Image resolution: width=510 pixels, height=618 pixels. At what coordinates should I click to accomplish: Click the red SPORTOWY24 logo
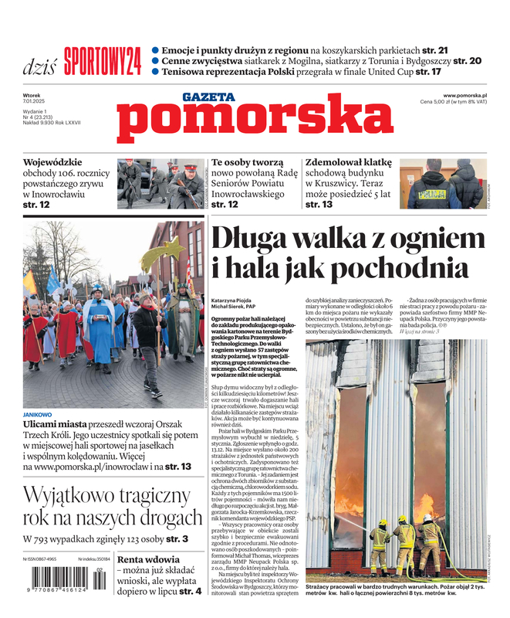click(x=103, y=60)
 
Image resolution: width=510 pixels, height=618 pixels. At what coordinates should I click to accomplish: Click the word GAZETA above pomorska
click(x=209, y=97)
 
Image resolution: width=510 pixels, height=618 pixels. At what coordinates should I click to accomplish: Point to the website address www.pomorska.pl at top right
click(x=470, y=95)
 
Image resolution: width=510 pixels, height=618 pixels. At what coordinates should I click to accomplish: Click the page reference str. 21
click(x=464, y=48)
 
